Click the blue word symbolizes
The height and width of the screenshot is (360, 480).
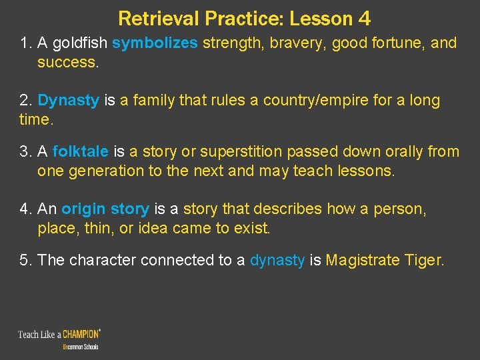155,43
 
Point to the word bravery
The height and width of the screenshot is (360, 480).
291,43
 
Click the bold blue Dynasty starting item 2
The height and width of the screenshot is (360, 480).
69,101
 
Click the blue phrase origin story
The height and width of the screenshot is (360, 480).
105,209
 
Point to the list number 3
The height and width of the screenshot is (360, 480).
24,151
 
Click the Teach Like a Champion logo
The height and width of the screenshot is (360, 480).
59,334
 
